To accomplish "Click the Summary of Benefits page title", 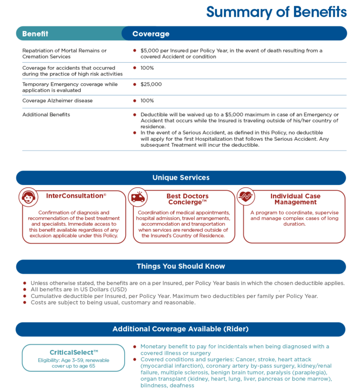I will point(276,12).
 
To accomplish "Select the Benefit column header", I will point(35,34).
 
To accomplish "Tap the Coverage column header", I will point(150,34).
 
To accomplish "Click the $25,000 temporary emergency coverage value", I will point(151,84).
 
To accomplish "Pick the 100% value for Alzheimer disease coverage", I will point(147,101).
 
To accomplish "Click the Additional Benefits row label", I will point(45,114).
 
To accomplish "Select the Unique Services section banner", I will point(181,178).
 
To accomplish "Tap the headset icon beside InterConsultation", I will point(28,197).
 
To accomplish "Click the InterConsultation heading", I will point(76,196).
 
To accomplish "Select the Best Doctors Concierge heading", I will point(187,199).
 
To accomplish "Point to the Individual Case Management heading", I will point(295,199).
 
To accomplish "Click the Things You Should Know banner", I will point(181,266).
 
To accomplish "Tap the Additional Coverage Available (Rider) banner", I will point(181,329).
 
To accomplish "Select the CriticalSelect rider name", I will point(74,352).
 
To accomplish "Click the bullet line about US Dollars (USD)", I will point(78,290).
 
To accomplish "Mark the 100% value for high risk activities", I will point(147,68).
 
